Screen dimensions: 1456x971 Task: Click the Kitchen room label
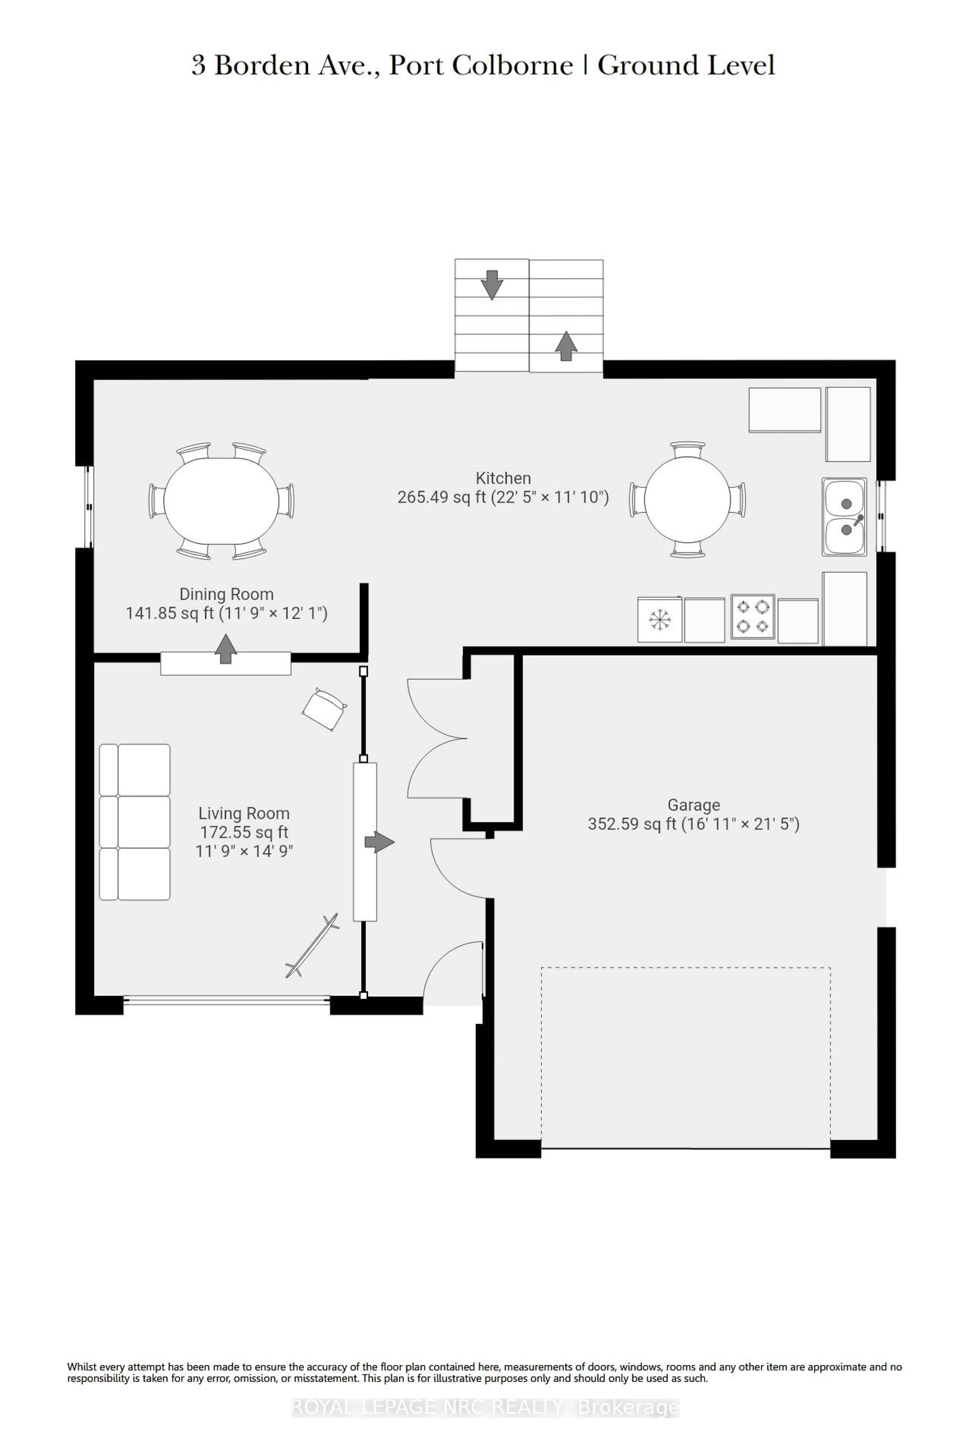503,478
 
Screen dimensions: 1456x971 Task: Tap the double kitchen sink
844,516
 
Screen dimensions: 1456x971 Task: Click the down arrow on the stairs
492,285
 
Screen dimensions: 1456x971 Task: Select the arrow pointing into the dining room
225,648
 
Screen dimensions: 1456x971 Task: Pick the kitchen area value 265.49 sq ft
441,497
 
